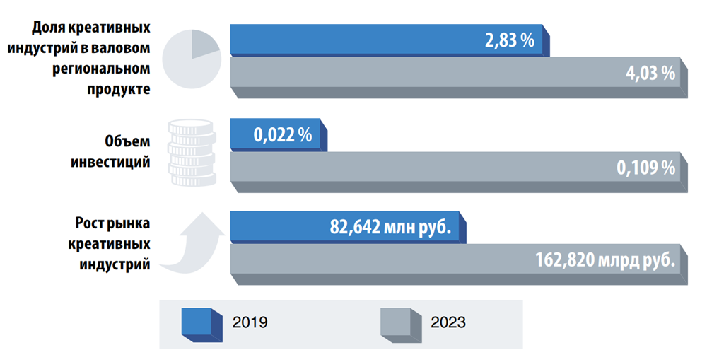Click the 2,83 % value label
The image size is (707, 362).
point(509,40)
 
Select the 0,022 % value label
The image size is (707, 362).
point(283,135)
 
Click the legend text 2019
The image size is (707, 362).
point(250,322)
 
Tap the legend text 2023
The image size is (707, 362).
point(448,322)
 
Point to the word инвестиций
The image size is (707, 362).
point(111,162)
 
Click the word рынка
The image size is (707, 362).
point(132,224)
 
